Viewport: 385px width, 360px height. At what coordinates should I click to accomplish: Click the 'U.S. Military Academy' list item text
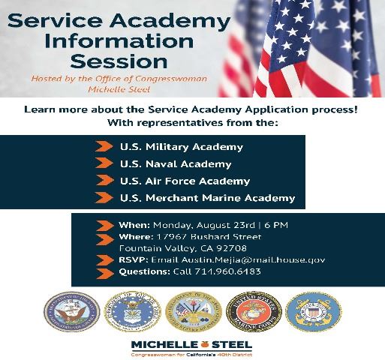click(x=181, y=147)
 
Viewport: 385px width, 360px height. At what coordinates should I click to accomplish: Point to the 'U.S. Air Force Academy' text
click(x=185, y=181)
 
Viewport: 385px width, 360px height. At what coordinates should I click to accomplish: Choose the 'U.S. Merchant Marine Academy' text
click(x=207, y=199)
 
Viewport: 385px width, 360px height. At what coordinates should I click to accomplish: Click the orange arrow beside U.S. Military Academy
click(x=104, y=147)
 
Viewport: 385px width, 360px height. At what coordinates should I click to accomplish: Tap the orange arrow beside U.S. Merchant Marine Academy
click(x=104, y=199)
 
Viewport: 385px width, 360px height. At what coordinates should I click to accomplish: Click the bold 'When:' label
click(x=134, y=225)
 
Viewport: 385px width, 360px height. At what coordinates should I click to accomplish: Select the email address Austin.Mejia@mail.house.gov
click(x=238, y=259)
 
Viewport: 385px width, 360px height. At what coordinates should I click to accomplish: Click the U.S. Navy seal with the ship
click(x=71, y=312)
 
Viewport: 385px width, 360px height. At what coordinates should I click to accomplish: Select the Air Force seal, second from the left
click(x=132, y=312)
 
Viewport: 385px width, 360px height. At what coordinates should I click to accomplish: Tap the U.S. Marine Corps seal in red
click(x=253, y=312)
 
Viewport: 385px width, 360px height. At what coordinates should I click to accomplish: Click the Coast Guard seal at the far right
click(x=314, y=312)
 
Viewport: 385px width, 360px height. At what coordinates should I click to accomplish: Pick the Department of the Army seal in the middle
click(x=193, y=312)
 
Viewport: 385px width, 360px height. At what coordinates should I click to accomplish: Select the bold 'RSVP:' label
click(x=134, y=259)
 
